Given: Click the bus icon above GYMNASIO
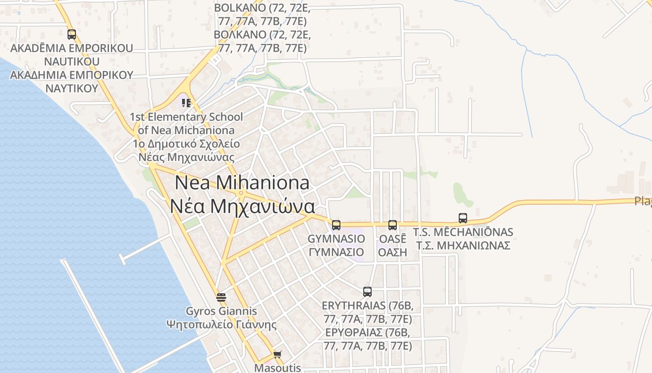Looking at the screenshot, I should point(336,225).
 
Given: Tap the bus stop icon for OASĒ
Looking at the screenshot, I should point(392,225).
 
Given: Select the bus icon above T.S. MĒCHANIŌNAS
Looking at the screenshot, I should point(462,218).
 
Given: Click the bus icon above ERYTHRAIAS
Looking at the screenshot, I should point(367,292).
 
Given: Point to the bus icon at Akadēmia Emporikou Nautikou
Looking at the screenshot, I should point(71,34).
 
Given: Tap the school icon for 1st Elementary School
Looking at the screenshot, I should point(186,103).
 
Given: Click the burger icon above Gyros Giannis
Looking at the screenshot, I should point(221,297).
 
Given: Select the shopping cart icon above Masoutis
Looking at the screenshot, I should point(278,355).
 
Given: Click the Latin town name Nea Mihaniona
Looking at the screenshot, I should point(242,182).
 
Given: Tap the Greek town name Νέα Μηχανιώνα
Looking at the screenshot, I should point(242,206).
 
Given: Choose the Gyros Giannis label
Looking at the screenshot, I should point(221,311).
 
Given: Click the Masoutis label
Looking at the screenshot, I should point(278,368).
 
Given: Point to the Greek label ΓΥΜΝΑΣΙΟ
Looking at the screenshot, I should point(336,252).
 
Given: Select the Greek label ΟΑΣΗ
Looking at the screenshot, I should point(392,252).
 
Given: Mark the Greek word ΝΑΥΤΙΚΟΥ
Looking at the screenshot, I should point(71,88).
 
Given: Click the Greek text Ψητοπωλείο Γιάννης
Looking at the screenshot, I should point(221,325).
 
